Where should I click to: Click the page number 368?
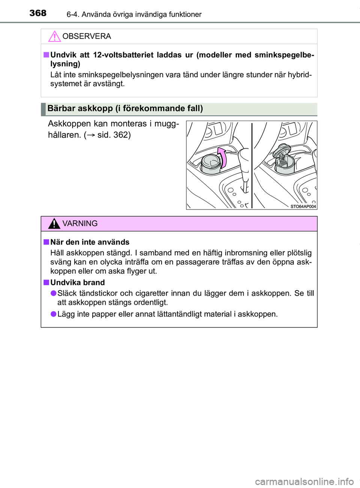[x=38, y=13]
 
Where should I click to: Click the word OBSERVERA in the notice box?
[x=87, y=36]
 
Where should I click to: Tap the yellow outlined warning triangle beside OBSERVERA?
[x=54, y=36]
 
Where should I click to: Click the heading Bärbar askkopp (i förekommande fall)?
[x=125, y=109]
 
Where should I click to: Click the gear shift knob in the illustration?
[x=244, y=157]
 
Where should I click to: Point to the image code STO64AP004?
[x=303, y=207]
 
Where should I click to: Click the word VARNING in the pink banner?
[x=80, y=224]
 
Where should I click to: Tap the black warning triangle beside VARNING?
[x=54, y=224]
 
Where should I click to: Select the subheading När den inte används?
[x=90, y=242]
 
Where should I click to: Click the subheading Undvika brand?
[x=77, y=283]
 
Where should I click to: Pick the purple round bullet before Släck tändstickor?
[x=54, y=293]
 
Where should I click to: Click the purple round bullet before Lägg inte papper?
[x=54, y=314]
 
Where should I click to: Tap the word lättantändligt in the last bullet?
[x=180, y=314]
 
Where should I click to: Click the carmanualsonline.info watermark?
[x=304, y=481]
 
